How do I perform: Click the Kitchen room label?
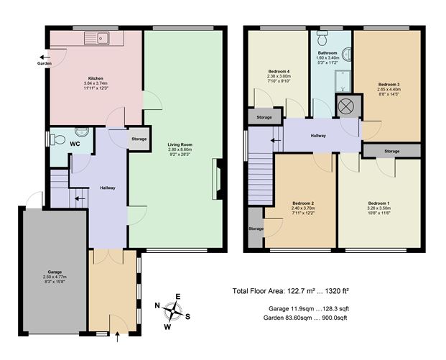[96, 78]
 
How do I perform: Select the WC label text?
[74, 144]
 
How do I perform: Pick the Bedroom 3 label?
[389, 84]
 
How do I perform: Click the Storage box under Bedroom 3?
[391, 151]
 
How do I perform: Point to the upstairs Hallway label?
[317, 135]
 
